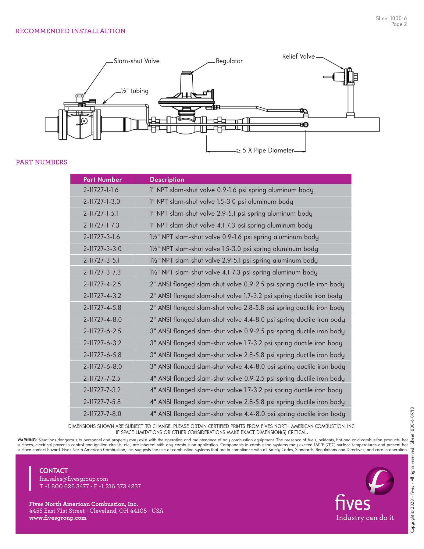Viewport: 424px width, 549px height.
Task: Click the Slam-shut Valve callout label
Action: tap(137, 61)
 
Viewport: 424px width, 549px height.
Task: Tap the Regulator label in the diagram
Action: tap(229, 61)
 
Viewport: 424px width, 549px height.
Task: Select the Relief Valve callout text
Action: tap(298, 56)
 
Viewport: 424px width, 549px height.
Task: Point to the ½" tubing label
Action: tap(134, 91)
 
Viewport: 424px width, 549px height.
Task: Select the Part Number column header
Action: tap(102, 179)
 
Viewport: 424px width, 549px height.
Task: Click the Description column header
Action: tap(167, 179)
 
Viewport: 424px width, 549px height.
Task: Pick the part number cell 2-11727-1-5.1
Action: tap(101, 213)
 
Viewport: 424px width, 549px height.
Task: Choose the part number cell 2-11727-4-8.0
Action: tap(102, 320)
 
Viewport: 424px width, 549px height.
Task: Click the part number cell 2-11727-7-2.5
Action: tap(102, 379)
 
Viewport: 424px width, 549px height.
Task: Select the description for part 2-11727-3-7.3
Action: tap(233, 272)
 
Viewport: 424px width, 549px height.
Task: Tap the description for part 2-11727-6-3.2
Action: tap(246, 343)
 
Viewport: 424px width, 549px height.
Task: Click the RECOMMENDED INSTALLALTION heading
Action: tap(70, 31)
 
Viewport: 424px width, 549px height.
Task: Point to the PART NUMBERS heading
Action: tap(41, 162)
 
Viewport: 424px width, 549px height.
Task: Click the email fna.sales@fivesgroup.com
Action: tap(73, 479)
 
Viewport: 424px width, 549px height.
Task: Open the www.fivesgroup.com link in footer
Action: tap(58, 518)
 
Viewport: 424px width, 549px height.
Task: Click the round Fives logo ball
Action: tap(379, 481)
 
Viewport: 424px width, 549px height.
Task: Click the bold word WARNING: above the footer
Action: tap(27, 440)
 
